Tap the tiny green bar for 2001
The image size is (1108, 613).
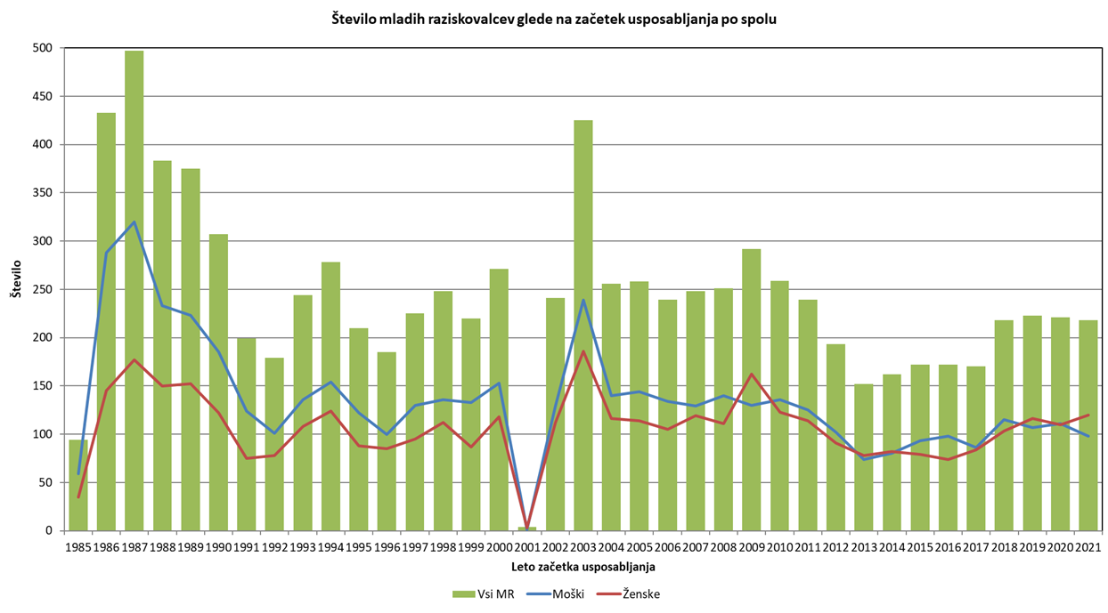(527, 528)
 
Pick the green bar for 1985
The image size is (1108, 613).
(78, 485)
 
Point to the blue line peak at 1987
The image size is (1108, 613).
(134, 222)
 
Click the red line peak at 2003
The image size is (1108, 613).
(583, 351)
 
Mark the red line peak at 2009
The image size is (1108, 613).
(752, 374)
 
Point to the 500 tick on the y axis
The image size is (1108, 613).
(43, 48)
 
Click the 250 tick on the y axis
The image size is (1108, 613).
(43, 289)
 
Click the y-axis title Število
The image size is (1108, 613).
(16, 289)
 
